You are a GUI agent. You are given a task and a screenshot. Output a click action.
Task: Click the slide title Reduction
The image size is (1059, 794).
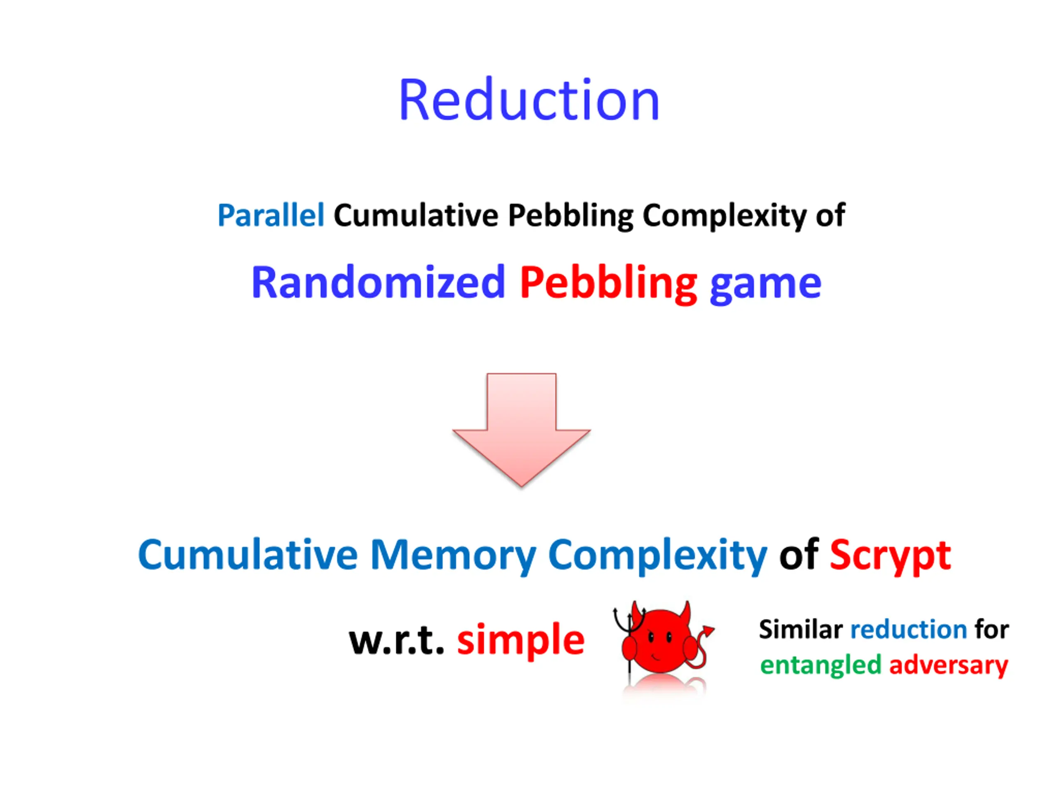[x=529, y=100]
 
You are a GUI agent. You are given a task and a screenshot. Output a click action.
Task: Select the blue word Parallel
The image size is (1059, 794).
[x=271, y=215]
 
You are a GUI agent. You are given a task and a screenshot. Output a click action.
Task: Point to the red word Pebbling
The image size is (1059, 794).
[x=608, y=283]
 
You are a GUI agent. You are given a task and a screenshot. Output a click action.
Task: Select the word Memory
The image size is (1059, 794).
[x=453, y=555]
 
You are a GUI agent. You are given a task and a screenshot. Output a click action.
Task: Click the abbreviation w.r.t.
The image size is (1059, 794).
[x=396, y=640]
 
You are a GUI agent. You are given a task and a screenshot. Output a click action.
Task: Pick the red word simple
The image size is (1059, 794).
[x=520, y=640]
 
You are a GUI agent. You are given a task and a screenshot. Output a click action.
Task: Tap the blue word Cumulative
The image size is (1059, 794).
[x=247, y=555]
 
